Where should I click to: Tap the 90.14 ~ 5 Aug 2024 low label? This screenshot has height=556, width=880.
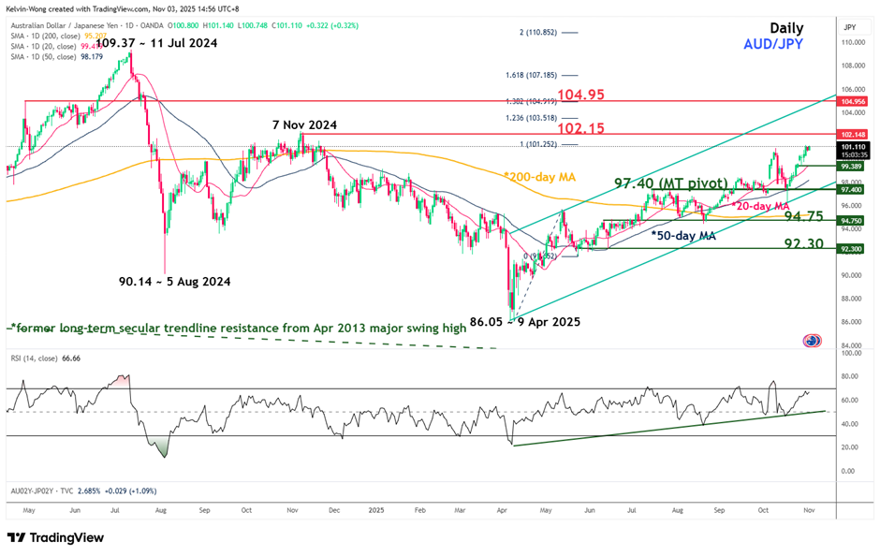[174, 281]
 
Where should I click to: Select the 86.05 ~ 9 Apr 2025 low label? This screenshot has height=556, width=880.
[525, 321]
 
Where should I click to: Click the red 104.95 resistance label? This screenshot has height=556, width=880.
[586, 95]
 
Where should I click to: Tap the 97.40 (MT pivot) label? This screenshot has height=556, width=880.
[671, 183]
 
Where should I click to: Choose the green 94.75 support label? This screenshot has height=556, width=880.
[804, 216]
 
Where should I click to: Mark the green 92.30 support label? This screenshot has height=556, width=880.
[804, 243]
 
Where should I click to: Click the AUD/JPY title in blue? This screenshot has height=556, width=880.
[772, 44]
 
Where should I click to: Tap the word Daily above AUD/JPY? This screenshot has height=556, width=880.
[786, 28]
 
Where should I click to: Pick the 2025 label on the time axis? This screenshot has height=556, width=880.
[376, 511]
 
